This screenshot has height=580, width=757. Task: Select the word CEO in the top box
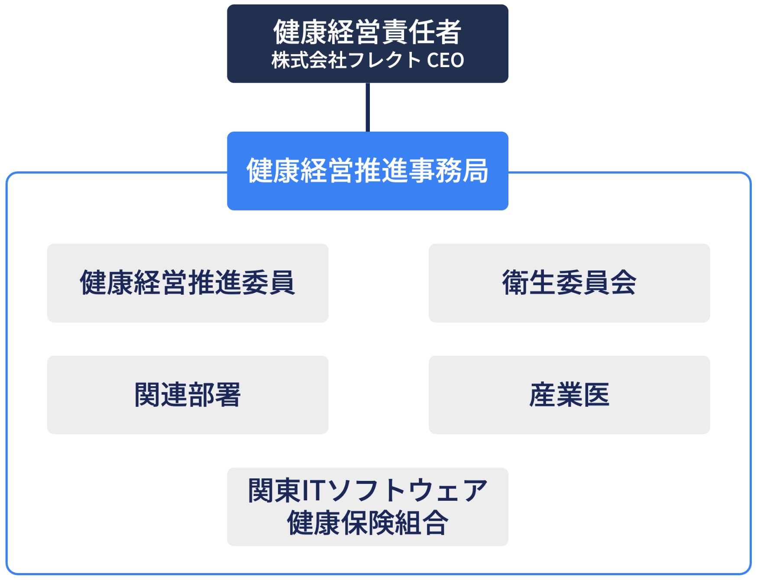[445, 61]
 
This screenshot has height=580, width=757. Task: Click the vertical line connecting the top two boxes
[368, 107]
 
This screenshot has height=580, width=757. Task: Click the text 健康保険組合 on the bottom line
[368, 523]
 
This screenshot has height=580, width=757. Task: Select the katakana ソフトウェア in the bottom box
[407, 491]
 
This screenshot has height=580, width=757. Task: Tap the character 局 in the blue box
[475, 171]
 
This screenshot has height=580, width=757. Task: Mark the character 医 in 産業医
[596, 395]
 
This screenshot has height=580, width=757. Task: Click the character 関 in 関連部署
[148, 395]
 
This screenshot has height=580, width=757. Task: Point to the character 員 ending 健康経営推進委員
[282, 283]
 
